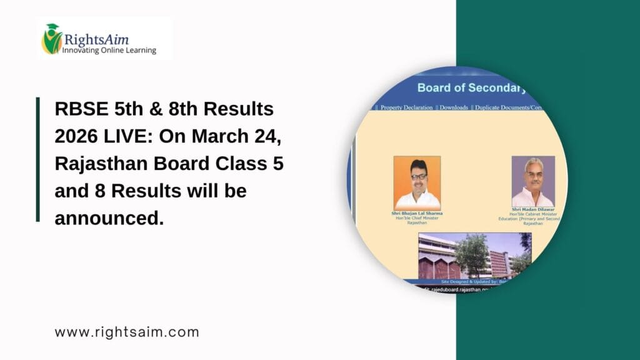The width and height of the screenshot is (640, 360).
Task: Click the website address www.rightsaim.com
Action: pos(127,332)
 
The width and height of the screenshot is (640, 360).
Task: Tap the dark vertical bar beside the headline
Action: pos(37,159)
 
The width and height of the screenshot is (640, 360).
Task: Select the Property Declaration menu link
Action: pos(406,107)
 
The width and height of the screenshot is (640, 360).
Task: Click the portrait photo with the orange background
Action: pos(417,182)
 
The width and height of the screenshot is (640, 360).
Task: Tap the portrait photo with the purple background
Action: pos(533,181)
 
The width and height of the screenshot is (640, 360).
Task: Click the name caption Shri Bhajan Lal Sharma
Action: pos(417,214)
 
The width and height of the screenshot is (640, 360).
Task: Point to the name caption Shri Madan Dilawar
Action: pos(533,209)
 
